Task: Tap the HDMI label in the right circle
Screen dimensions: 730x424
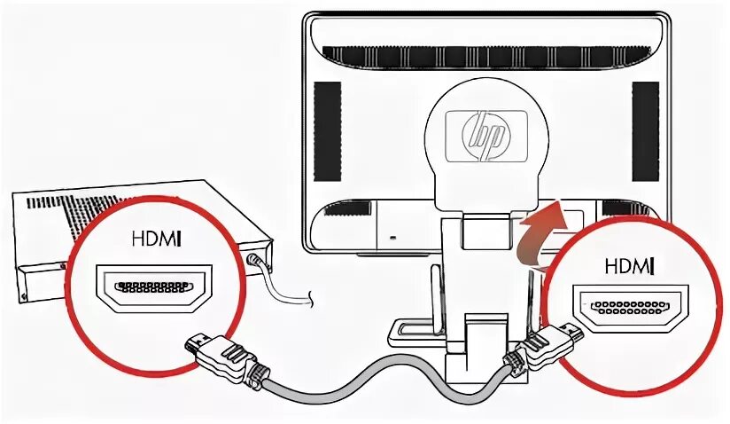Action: [x=629, y=264]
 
